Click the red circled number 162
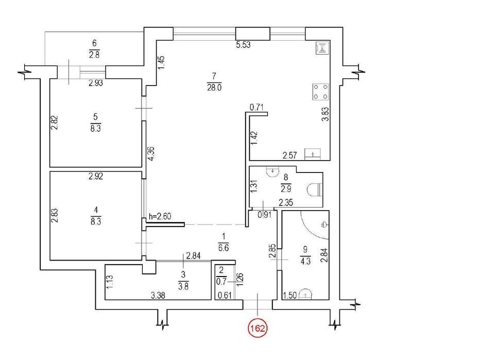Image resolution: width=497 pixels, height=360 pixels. click(x=258, y=329)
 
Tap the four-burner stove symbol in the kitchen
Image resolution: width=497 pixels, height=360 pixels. click(x=320, y=92)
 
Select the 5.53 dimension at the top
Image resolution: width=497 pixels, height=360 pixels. click(x=243, y=45)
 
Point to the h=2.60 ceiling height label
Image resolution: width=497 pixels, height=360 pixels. click(x=160, y=216)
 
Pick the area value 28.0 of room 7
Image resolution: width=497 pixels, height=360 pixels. click(x=214, y=88)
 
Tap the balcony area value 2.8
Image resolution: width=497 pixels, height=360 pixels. click(x=94, y=55)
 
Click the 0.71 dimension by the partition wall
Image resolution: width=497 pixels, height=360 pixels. click(x=257, y=108)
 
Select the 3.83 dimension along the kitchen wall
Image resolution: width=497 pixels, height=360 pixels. click(x=325, y=114)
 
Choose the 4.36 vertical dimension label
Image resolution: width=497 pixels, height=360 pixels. click(x=151, y=153)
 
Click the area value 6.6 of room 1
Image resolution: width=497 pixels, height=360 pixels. click(x=224, y=248)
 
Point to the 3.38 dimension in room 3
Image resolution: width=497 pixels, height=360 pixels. click(x=158, y=296)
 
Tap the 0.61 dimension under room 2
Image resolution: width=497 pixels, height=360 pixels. click(x=224, y=296)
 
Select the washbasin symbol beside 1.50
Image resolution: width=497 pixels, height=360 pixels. click(x=305, y=294)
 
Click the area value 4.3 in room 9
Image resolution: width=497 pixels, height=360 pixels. click(x=305, y=262)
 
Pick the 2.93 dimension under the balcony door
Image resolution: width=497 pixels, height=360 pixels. click(x=96, y=83)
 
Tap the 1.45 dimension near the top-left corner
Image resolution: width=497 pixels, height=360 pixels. click(x=161, y=63)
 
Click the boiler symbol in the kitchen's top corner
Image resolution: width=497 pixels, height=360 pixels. click(x=322, y=48)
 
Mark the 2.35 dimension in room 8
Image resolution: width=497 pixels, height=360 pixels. click(x=286, y=202)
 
